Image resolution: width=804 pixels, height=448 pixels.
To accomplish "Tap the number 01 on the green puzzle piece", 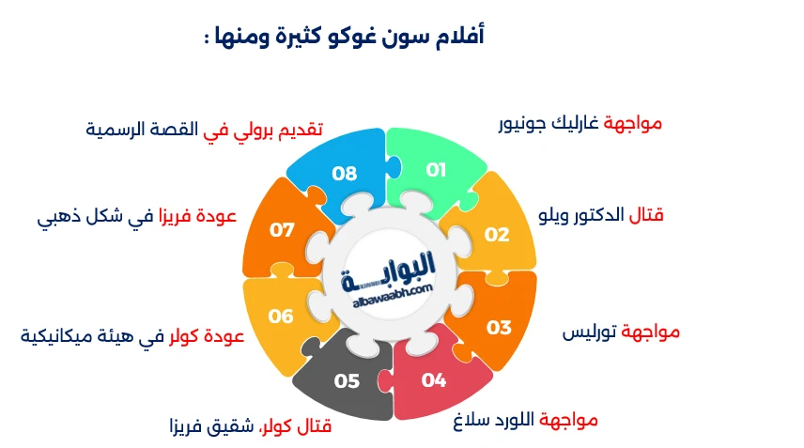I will [x=436, y=170].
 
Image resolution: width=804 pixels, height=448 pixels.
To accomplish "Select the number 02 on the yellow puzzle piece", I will [x=497, y=235].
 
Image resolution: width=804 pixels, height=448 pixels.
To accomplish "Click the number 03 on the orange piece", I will [x=499, y=328].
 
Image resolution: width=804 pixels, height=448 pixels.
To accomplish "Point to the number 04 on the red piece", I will [x=434, y=380].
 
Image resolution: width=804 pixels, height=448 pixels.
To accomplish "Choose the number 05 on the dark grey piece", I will [x=347, y=380].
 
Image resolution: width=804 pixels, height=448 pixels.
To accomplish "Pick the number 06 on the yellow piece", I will [x=281, y=317].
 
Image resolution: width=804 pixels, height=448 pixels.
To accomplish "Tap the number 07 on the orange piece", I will [x=282, y=229].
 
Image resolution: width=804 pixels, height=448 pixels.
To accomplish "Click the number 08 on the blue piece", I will [x=345, y=174].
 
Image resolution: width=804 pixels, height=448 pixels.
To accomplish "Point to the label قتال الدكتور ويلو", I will [x=601, y=216].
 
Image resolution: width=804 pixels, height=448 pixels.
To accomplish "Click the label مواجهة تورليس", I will [x=621, y=332].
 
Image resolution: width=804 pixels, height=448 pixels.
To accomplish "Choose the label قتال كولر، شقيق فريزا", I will [x=250, y=427].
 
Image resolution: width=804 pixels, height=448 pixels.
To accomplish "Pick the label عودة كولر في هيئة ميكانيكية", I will [x=132, y=336].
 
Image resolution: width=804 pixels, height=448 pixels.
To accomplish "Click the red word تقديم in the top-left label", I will [x=291, y=130].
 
